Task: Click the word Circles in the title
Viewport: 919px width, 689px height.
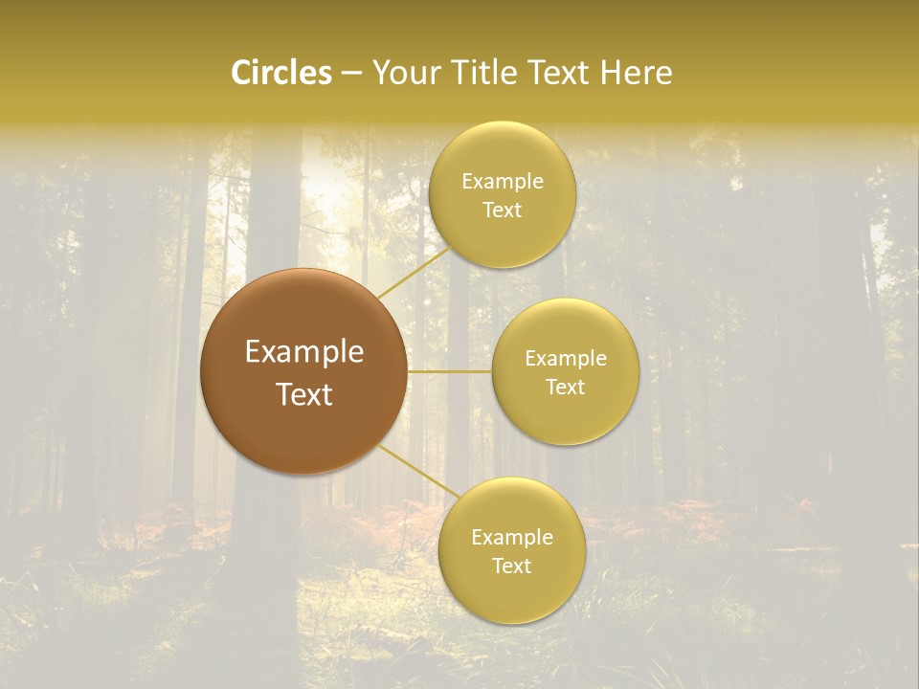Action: click(x=280, y=73)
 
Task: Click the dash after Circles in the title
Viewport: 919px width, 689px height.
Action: click(x=351, y=74)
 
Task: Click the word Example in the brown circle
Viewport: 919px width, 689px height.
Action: click(x=304, y=352)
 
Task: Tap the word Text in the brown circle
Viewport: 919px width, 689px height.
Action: click(x=304, y=393)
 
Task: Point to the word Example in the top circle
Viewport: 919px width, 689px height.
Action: click(x=503, y=181)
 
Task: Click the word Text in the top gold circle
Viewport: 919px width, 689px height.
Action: click(x=503, y=210)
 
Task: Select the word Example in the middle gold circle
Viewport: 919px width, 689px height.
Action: click(x=565, y=358)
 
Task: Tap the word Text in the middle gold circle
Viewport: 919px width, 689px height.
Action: click(x=565, y=387)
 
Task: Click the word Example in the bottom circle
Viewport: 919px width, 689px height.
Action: click(x=511, y=537)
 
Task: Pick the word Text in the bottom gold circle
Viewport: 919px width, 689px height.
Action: click(x=511, y=566)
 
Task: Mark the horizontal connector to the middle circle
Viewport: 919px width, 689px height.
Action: click(x=450, y=371)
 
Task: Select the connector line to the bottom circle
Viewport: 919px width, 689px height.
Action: click(x=418, y=471)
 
